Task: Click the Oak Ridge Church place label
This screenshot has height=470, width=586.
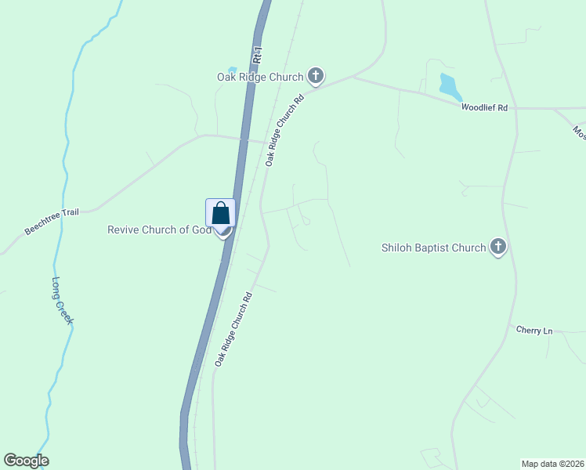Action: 259,77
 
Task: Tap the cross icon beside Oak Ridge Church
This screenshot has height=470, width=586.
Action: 316,76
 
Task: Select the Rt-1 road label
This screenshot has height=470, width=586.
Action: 257,56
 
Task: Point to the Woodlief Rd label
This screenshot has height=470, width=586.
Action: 484,107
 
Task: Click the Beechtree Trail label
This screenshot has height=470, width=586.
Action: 52,221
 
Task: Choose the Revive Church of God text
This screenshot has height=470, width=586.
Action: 159,230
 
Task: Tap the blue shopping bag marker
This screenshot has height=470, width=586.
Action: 221,213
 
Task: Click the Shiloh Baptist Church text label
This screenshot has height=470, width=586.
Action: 433,248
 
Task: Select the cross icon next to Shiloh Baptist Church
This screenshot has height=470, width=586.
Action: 497,248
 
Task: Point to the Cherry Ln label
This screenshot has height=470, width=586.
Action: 534,331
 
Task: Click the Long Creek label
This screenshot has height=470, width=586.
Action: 63,301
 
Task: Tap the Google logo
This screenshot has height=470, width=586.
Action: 26,461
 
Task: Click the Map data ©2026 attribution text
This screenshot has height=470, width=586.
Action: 552,464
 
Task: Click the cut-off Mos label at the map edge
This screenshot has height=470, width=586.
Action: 579,132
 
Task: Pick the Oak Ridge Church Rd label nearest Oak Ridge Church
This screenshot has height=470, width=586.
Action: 284,131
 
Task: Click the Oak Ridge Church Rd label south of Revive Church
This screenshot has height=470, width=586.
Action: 233,329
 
